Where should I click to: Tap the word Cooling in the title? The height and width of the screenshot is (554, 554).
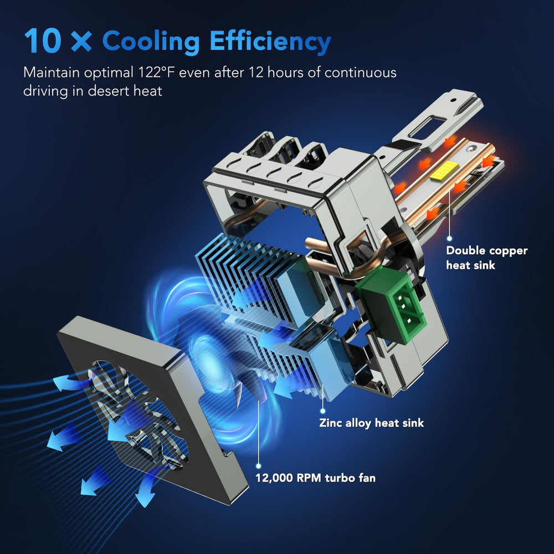(x=151, y=42)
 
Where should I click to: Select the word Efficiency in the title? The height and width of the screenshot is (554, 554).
(x=270, y=42)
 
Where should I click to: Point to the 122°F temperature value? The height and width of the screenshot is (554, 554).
(x=157, y=73)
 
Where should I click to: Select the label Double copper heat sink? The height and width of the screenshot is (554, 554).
(x=486, y=258)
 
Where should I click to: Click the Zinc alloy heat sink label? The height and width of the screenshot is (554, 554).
(x=371, y=423)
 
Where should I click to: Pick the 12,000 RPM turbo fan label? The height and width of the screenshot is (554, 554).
(x=316, y=478)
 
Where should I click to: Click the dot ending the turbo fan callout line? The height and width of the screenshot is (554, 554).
(x=259, y=466)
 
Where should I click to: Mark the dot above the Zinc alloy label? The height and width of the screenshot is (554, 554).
(x=322, y=411)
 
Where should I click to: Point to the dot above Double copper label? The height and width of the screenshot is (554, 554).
(x=449, y=238)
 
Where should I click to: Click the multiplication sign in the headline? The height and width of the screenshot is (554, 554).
(x=81, y=42)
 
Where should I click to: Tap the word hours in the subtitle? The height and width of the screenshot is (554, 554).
(x=285, y=73)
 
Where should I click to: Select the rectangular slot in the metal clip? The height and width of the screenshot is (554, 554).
(x=428, y=127)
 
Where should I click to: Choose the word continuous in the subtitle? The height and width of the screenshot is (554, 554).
(x=361, y=73)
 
